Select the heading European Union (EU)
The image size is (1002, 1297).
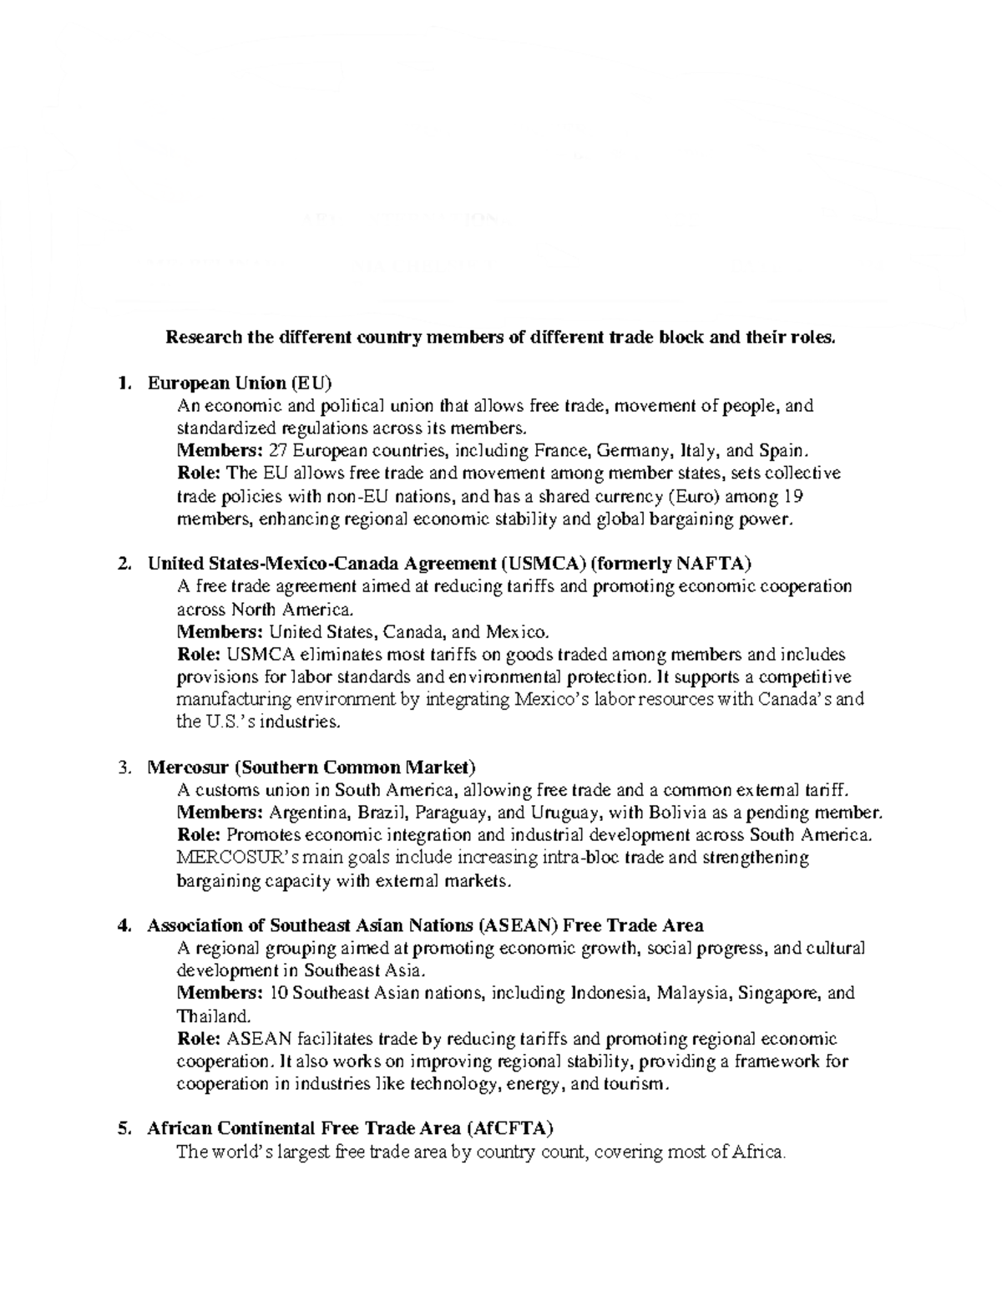pyautogui.click(x=240, y=383)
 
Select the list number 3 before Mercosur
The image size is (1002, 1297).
pyautogui.click(x=124, y=767)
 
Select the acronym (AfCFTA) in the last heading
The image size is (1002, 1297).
pyautogui.click(x=510, y=1128)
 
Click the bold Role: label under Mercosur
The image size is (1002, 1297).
pyautogui.click(x=200, y=834)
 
